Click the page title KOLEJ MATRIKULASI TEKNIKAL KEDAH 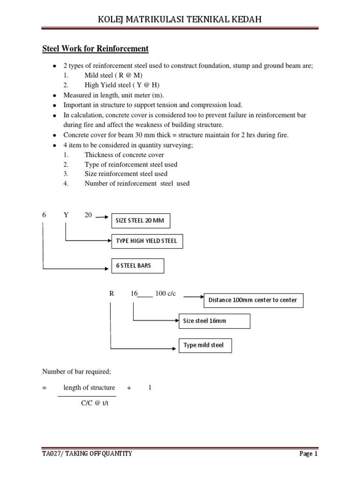point(180,19)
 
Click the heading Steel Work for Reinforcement point(95,49)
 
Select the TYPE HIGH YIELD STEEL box point(147,241)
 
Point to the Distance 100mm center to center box point(253,300)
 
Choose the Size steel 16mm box point(214,322)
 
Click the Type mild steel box point(205,345)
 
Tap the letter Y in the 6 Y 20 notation point(66,215)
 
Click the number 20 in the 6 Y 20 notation point(88,215)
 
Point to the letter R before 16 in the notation point(112,293)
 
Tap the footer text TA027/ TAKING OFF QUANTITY point(87,454)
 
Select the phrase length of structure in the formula point(89,388)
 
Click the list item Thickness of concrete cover point(124,155)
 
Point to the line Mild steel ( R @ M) point(113,75)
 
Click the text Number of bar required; point(76,372)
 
